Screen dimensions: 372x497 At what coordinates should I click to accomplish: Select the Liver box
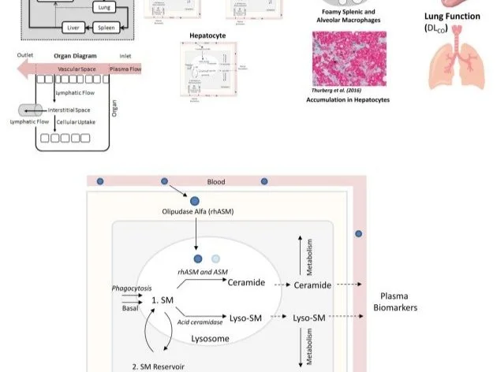pos(73,28)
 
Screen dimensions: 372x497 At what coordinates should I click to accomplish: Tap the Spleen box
pos(106,28)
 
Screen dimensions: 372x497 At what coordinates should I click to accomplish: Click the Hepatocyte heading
pos(207,36)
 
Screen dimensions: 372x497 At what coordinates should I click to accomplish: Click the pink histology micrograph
pos(349,60)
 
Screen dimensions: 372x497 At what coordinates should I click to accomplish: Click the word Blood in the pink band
pos(215,182)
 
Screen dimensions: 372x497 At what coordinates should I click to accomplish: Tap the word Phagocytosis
pos(131,288)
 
